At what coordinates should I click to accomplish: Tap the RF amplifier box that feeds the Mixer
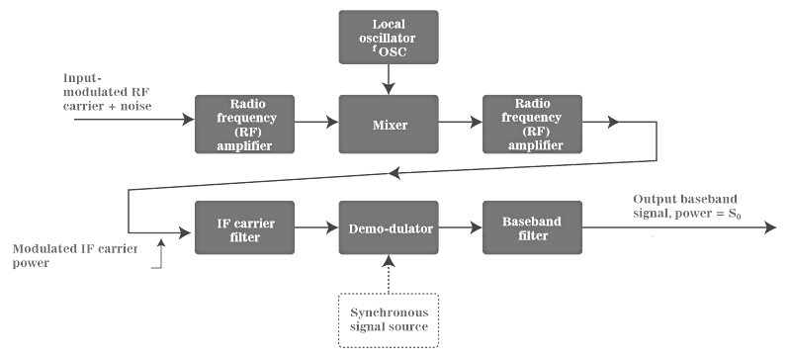pyautogui.click(x=233, y=124)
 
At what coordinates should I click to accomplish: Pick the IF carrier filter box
pyautogui.click(x=233, y=225)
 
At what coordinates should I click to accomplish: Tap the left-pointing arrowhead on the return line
pyautogui.click(x=395, y=173)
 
